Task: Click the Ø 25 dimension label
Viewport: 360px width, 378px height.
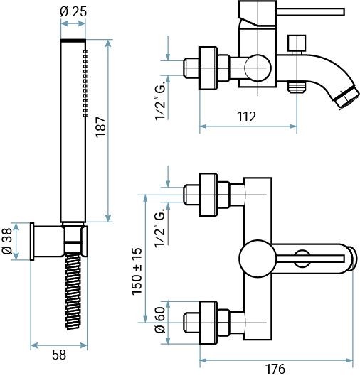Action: (x=73, y=11)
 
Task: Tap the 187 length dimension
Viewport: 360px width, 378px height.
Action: (x=101, y=127)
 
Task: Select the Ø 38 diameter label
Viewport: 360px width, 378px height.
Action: (x=6, y=241)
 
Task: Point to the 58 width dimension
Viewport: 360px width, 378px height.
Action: (x=59, y=355)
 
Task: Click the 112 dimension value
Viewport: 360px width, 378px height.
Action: (x=246, y=117)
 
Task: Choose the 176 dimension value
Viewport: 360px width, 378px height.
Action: (x=275, y=369)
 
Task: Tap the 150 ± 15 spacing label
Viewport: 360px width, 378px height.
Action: (x=137, y=271)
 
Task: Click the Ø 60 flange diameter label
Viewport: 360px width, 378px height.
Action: (x=160, y=320)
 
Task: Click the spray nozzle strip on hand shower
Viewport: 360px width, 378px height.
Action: (x=85, y=83)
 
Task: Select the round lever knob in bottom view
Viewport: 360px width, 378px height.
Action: (x=258, y=258)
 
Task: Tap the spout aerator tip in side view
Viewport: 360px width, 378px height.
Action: (x=347, y=97)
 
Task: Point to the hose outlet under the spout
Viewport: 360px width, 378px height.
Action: (x=297, y=87)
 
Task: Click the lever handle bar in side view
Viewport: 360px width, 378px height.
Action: (x=310, y=12)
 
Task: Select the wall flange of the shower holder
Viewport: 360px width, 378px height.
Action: (x=32, y=242)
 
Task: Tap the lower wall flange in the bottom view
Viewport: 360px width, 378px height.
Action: (x=208, y=323)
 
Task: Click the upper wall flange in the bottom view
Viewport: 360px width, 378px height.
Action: (x=208, y=195)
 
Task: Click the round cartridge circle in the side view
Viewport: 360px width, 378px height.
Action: (x=258, y=67)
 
